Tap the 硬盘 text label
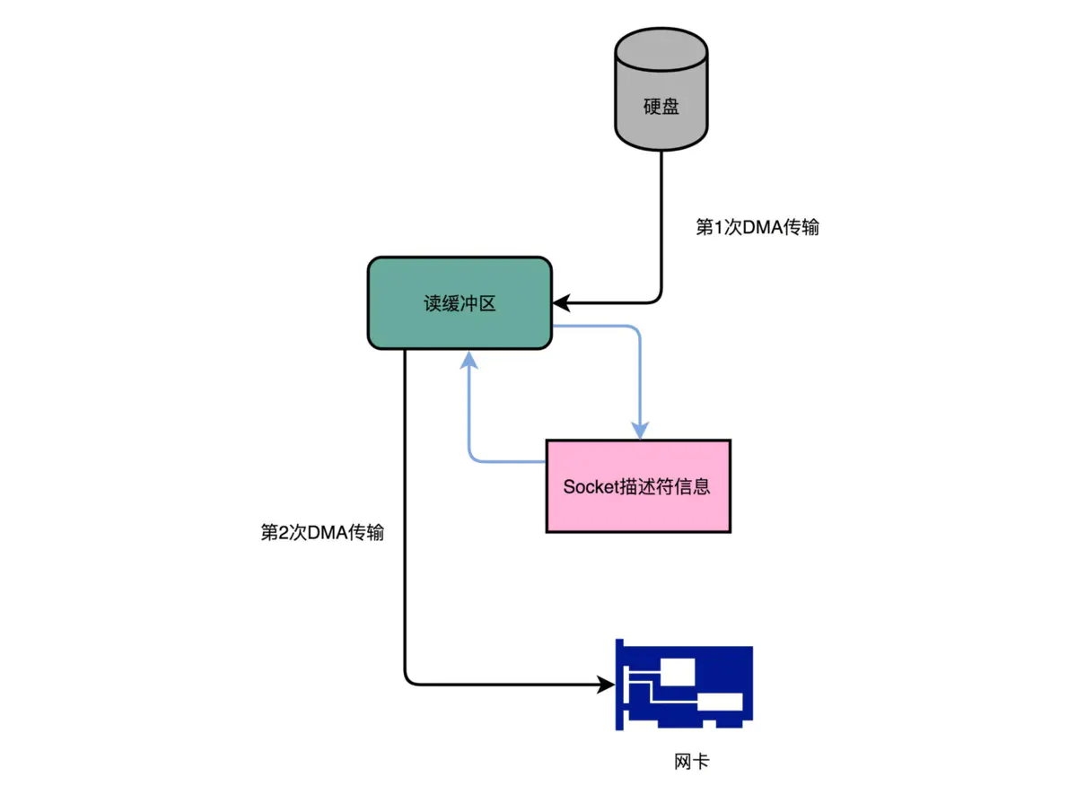tap(661, 106)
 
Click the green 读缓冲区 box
tap(460, 303)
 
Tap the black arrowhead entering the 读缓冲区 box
tap(560, 303)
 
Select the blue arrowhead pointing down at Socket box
tap(640, 431)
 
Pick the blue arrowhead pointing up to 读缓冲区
tap(468, 360)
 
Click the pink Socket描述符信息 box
tap(638, 486)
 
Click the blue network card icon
tap(684, 686)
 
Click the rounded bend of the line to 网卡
tap(408, 682)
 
